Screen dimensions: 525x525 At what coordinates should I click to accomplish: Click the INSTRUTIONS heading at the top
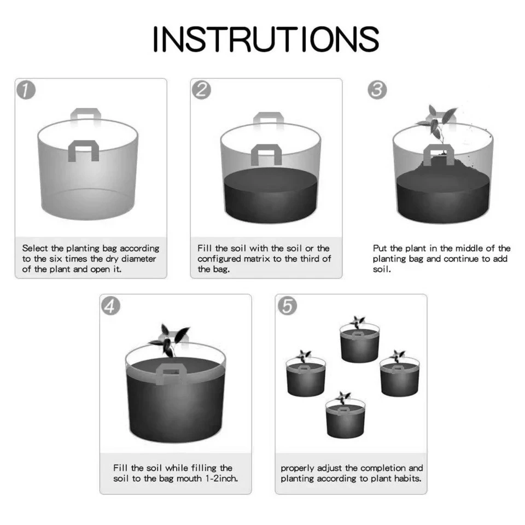pos(266,39)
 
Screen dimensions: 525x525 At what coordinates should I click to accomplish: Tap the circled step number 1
pos(26,90)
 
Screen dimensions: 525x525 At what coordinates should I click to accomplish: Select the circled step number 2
pos(202,90)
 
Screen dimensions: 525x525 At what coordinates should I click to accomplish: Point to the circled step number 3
pos(377,90)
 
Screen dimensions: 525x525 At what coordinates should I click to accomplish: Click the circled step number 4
pos(111,306)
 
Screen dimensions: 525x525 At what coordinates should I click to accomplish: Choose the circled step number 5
pos(287,306)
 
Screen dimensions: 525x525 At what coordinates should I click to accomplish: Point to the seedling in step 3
pos(437,124)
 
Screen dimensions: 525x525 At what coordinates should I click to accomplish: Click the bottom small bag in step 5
pos(346,415)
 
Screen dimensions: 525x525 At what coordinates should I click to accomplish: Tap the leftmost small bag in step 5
pos(306,374)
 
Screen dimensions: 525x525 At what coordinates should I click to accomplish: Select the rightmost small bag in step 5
pos(400,374)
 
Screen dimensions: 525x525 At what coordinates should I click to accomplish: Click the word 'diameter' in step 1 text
pos(138,259)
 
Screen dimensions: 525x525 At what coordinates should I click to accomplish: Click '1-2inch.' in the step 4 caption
pos(221,478)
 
